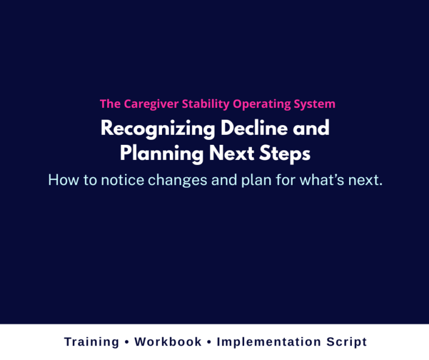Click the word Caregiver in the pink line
pyautogui.click(x=146, y=104)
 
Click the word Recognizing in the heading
pyautogui.click(x=158, y=129)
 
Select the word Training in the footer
pyautogui.click(x=92, y=342)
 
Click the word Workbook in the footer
pyautogui.click(x=168, y=342)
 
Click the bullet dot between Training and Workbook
pyautogui.click(x=127, y=342)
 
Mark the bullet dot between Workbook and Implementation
pyautogui.click(x=209, y=342)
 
